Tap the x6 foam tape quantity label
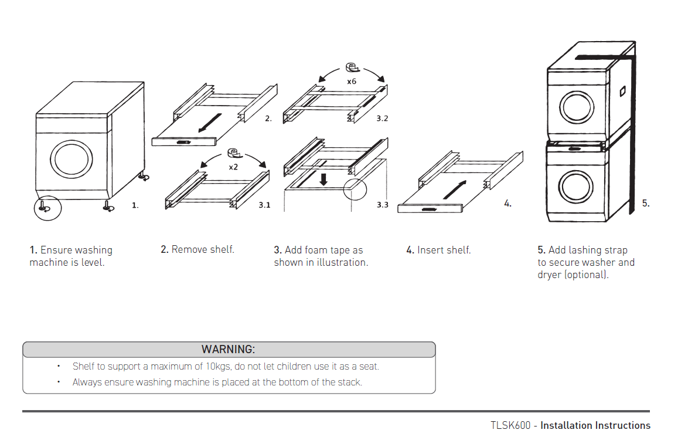coord(352,82)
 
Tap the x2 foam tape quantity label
coord(233,167)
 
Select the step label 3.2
coord(382,119)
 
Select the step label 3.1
coord(264,205)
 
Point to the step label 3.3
coord(382,205)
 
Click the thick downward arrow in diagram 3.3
coord(323,178)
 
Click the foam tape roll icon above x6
coord(352,67)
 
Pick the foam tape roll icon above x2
coord(234,153)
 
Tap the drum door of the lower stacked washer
coord(576,187)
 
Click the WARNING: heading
coord(228,350)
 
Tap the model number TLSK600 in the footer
coord(510,425)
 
